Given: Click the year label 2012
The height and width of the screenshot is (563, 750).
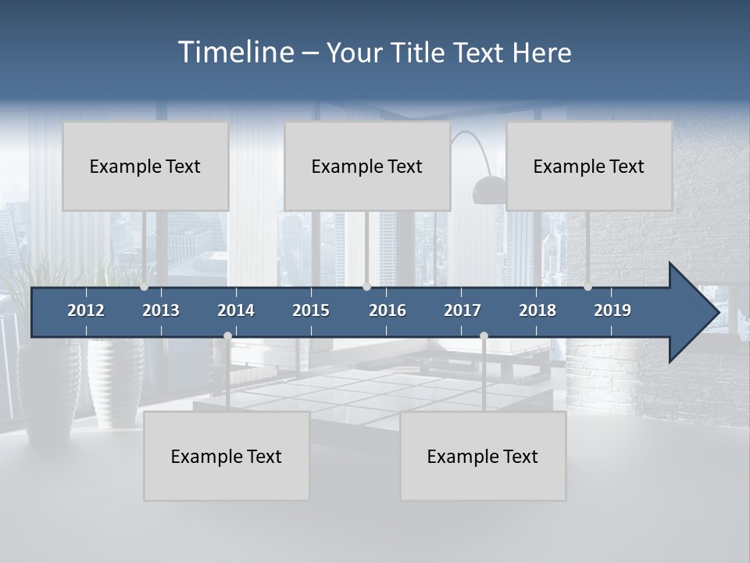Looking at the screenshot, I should [86, 310].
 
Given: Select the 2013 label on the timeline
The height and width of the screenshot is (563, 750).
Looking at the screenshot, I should [161, 310].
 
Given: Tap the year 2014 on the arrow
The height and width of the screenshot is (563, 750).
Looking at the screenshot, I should [236, 310].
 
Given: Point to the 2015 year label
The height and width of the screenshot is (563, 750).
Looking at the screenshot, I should [311, 310].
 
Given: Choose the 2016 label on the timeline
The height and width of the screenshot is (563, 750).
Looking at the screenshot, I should [387, 310].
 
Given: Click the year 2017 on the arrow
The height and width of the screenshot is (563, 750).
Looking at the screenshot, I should [462, 310].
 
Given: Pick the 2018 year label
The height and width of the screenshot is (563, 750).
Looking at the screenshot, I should [537, 310].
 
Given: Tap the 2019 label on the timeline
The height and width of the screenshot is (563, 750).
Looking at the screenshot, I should [612, 310].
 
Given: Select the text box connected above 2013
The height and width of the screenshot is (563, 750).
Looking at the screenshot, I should [145, 166].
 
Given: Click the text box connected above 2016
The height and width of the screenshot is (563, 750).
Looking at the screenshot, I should [367, 166].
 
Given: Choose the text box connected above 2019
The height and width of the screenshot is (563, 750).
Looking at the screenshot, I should [589, 166].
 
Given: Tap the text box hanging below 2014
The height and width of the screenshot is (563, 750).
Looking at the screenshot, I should [227, 456].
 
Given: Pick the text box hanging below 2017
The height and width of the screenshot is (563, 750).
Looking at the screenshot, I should [483, 456].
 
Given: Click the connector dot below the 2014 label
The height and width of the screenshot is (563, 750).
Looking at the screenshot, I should [227, 335].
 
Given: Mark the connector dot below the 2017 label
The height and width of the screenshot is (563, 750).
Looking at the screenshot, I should [484, 335].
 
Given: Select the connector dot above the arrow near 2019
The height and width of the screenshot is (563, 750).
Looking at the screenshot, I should [587, 286].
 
